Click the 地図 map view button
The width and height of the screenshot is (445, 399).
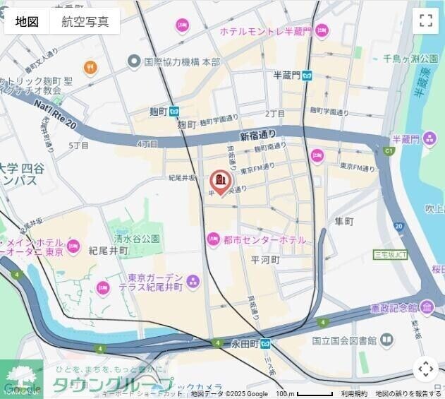click(x=27, y=21)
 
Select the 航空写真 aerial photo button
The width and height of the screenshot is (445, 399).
click(x=85, y=21)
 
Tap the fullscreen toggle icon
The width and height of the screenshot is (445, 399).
click(x=425, y=20)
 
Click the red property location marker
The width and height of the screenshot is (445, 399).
click(x=220, y=181)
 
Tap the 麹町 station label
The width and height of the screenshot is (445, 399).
click(x=158, y=111)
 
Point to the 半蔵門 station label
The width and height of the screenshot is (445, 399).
click(x=287, y=76)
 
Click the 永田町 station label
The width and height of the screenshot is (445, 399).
click(x=245, y=344)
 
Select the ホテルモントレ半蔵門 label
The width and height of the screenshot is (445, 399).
click(x=265, y=32)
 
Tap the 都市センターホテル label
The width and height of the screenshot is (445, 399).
click(x=264, y=240)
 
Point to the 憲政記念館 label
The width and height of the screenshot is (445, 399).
click(x=394, y=309)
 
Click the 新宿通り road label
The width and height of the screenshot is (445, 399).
click(x=258, y=135)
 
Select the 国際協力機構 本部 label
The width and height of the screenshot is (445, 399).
click(x=182, y=61)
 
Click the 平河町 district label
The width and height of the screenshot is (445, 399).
click(x=266, y=260)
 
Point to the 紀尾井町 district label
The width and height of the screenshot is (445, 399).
click(x=108, y=251)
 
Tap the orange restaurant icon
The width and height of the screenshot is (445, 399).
click(x=90, y=68)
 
